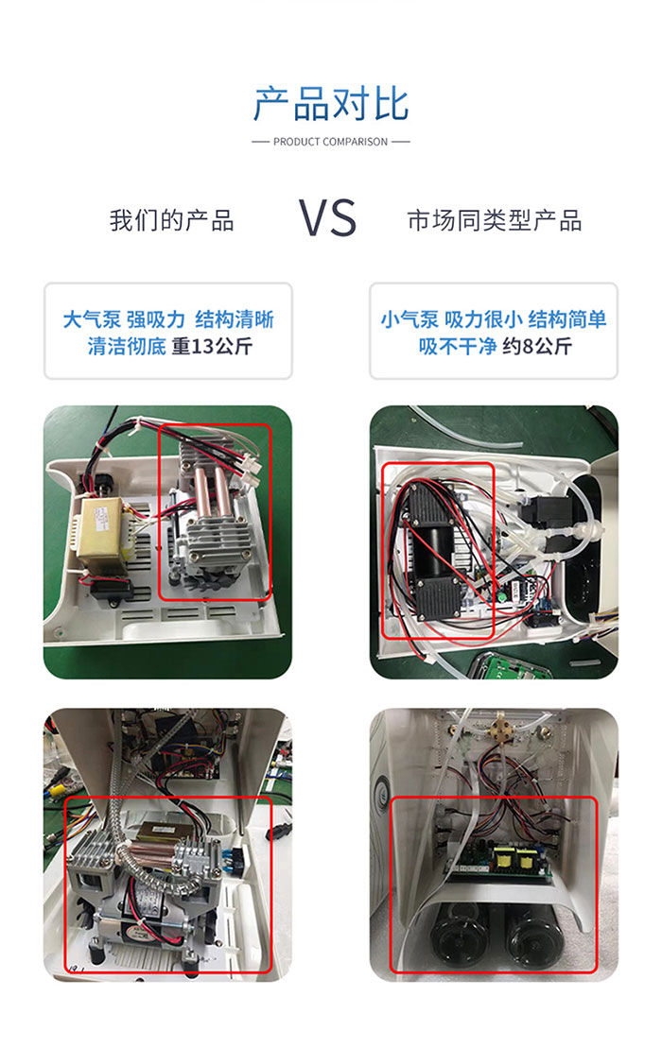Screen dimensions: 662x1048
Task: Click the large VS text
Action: point(327,218)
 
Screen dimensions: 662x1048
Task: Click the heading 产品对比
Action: point(331,104)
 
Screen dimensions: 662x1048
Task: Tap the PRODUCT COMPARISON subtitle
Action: point(330,142)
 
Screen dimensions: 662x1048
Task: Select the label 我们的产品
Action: point(172,220)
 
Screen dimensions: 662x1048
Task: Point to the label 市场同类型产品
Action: point(495,220)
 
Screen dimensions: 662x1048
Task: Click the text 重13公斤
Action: point(212,346)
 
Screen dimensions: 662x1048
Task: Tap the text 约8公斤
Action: point(537,346)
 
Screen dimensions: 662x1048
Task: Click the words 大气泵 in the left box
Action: point(92,319)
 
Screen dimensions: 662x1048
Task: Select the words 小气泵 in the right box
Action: point(409,319)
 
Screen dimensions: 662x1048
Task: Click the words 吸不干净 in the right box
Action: point(458,346)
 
